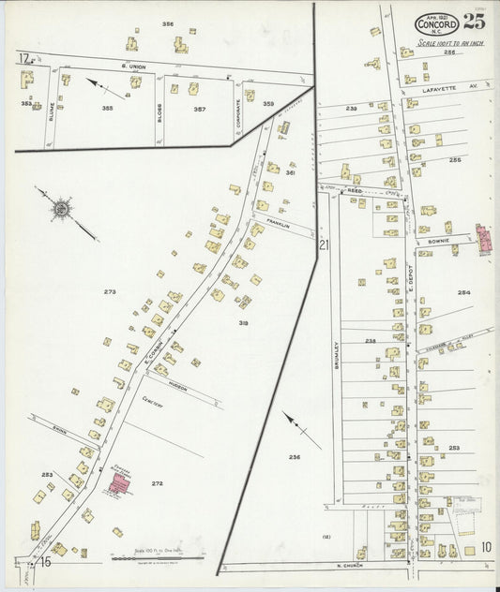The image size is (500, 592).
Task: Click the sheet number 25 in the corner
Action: point(475,22)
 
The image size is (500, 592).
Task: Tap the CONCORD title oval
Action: point(436,24)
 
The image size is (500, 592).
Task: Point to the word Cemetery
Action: point(153,405)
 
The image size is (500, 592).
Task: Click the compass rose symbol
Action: point(62,208)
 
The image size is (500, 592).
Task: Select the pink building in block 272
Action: point(119,484)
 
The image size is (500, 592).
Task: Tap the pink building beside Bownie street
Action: point(485,239)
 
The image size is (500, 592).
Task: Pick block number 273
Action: point(110,292)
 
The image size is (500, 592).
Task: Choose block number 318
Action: point(243,323)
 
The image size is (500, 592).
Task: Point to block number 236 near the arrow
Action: point(294,456)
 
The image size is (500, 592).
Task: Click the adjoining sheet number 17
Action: point(22,58)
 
